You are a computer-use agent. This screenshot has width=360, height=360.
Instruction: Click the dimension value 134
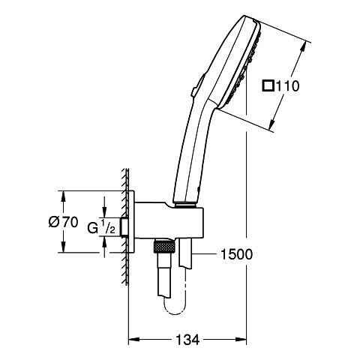tap(187, 340)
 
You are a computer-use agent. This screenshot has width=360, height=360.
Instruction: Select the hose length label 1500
tap(236, 254)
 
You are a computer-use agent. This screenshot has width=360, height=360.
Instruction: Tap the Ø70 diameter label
tap(63, 222)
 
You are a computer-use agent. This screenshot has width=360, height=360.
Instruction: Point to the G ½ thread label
tap(101, 226)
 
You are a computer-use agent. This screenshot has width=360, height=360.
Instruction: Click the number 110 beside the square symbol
tap(286, 86)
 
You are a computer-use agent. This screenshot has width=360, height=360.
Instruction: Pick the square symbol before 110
tap(268, 86)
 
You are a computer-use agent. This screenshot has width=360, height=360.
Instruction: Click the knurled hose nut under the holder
tap(163, 246)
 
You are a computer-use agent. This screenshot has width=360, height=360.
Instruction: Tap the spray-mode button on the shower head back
tap(197, 85)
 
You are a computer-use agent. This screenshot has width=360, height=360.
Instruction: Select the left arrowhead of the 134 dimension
tap(133, 340)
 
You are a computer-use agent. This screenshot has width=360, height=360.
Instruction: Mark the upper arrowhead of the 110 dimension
tap(303, 46)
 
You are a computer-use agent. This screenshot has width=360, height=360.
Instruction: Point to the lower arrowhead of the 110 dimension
tap(273, 125)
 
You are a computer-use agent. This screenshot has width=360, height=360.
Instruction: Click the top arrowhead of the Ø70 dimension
tap(64, 196)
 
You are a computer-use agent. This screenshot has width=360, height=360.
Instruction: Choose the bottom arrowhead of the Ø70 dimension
tap(64, 247)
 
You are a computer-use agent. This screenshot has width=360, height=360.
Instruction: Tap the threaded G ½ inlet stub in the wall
tap(124, 227)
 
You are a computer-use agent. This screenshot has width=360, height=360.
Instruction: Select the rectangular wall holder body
tap(169, 220)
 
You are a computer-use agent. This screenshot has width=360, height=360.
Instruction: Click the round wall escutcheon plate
tap(131, 222)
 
